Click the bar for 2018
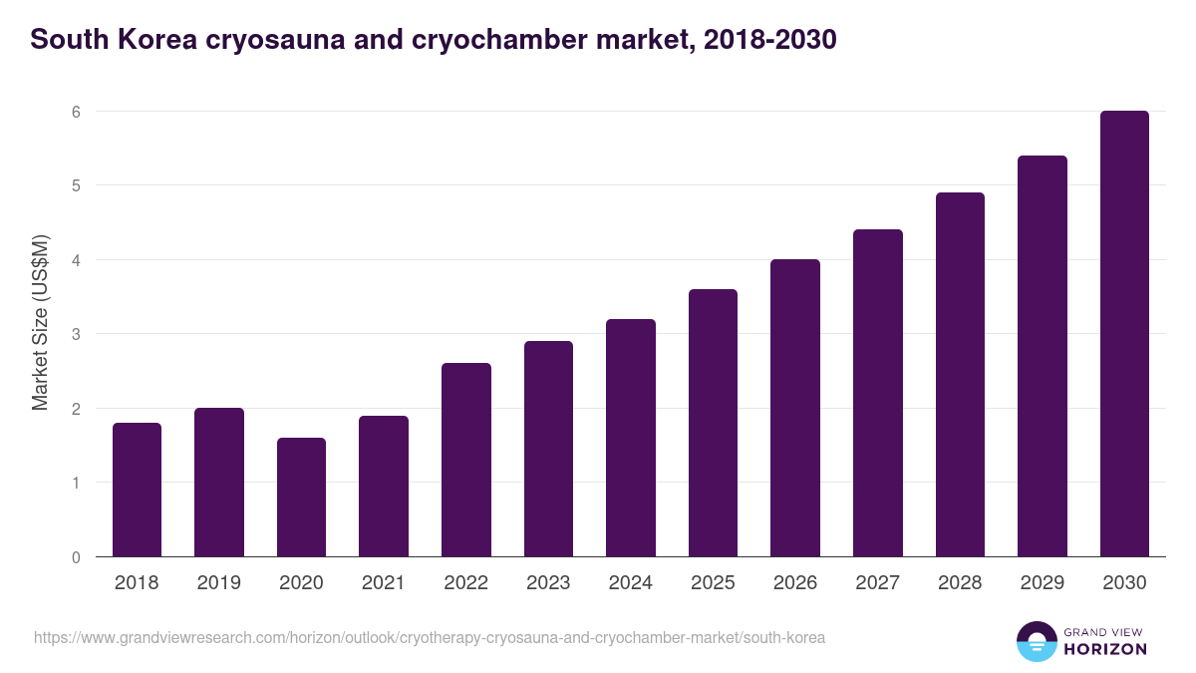pos(137,490)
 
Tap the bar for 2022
pos(465,460)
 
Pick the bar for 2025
pos(713,423)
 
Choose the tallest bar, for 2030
pos(1124,334)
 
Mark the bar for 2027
pos(877,393)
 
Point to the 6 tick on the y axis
pos(75,112)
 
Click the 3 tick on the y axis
pos(75,334)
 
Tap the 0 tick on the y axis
pos(75,557)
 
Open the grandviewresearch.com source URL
pos(430,637)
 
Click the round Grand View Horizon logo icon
pos(1037,641)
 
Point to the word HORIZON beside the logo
pos(1106,649)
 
